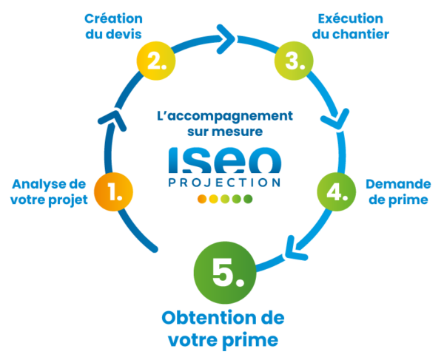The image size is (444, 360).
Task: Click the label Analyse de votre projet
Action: click(x=50, y=191)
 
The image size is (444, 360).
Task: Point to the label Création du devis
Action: click(x=113, y=25)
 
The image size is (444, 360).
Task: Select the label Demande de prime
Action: click(x=397, y=191)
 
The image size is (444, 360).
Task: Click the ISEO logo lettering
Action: click(x=223, y=160)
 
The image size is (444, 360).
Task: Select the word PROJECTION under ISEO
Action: click(x=223, y=182)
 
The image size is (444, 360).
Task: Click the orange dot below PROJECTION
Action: click(x=201, y=199)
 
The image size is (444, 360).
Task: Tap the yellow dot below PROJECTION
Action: click(x=212, y=199)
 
